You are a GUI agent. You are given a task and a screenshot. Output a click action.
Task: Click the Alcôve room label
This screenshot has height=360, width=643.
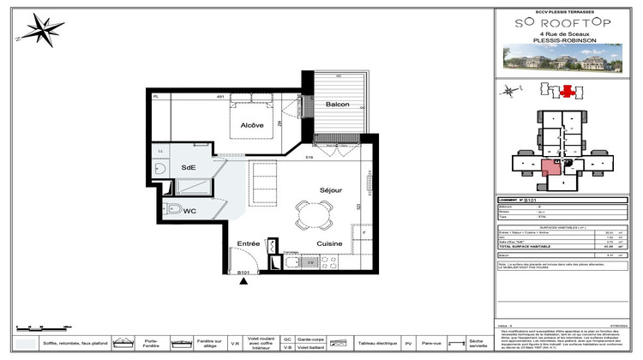(x=251, y=125)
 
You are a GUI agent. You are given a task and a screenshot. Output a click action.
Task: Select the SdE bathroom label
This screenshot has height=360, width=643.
(x=188, y=167)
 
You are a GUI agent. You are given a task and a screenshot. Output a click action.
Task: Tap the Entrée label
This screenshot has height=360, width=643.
(x=248, y=244)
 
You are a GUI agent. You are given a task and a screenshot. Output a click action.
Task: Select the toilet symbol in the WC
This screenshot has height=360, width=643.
(x=174, y=210)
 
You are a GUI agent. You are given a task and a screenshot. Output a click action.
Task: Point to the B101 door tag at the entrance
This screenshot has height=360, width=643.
(x=243, y=273)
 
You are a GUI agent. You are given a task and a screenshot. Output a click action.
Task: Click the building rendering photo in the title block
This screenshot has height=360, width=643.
(x=562, y=58)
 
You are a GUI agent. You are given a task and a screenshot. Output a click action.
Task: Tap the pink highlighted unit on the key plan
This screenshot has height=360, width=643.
(x=550, y=166)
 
